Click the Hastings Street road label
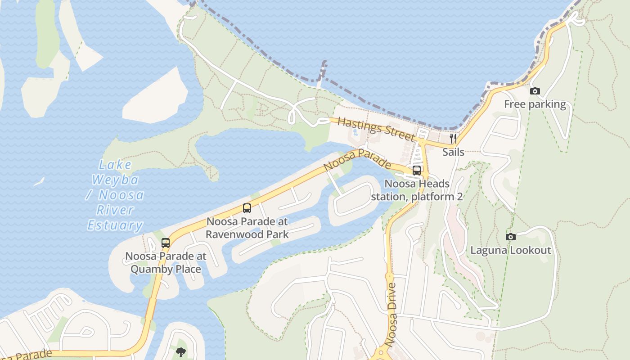click(375, 129)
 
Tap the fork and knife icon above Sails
click(453, 138)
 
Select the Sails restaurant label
click(453, 152)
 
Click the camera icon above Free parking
click(535, 91)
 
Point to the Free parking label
click(535, 104)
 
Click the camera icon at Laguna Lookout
click(511, 237)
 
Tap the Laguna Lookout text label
click(511, 250)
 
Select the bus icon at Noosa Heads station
click(417, 171)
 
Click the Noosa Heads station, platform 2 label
click(417, 190)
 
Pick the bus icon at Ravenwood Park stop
click(247, 208)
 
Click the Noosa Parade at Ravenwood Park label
click(247, 228)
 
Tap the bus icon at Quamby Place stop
click(166, 243)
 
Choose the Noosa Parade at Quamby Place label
click(166, 262)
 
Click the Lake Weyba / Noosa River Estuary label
click(116, 195)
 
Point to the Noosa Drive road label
click(391, 314)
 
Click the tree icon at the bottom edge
click(181, 352)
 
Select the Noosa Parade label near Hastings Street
click(357, 161)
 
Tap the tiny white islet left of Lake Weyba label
click(39, 181)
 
